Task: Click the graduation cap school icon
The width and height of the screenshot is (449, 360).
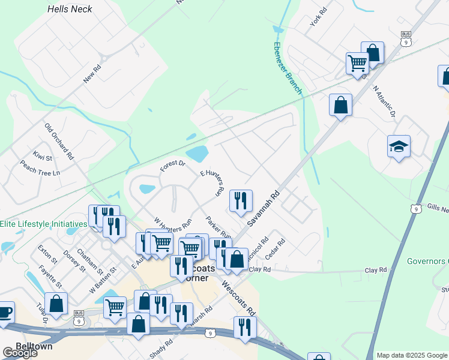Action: [x=399, y=146]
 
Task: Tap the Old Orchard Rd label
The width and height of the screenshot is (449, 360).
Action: [x=59, y=142]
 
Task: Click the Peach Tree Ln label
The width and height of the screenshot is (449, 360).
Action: [x=40, y=168]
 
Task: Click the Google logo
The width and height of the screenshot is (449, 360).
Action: [x=20, y=353]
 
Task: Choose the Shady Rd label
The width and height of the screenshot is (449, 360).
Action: [x=161, y=349]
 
